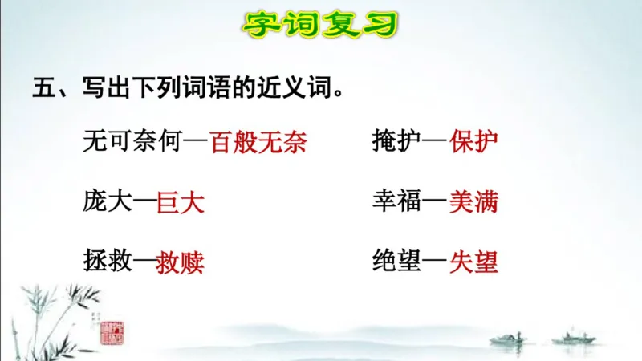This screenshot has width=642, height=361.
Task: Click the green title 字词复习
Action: pyautogui.click(x=320, y=23)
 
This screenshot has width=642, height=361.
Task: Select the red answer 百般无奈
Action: pyautogui.click(x=258, y=141)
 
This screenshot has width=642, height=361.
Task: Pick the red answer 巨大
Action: pyautogui.click(x=181, y=201)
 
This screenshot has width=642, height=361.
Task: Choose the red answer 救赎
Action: pyautogui.click(x=181, y=262)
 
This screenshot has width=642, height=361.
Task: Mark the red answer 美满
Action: pyautogui.click(x=473, y=201)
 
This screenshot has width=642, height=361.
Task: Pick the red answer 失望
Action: pyautogui.click(x=474, y=262)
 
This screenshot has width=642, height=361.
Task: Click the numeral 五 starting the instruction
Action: pyautogui.click(x=43, y=87)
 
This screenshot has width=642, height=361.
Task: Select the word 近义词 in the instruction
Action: pyautogui.click(x=299, y=87)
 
